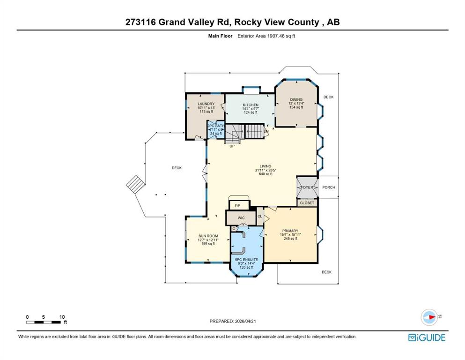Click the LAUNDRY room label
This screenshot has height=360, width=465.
(206, 104)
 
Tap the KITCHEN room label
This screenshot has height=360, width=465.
(251, 105)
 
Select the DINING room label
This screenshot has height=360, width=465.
(296, 99)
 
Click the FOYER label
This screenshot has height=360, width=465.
(307, 187)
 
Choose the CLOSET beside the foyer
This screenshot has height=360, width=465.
(307, 203)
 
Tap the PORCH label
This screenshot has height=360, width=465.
(329, 187)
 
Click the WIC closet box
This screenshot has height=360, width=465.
(241, 217)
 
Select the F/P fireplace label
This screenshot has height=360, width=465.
(237, 206)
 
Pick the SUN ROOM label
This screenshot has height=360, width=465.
(208, 236)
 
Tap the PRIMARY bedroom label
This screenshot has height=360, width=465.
(289, 231)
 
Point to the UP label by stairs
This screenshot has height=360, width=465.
(231, 146)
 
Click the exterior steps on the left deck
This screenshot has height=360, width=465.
(134, 186)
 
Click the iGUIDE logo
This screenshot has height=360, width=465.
(427, 337)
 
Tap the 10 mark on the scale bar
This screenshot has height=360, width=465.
(62, 317)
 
